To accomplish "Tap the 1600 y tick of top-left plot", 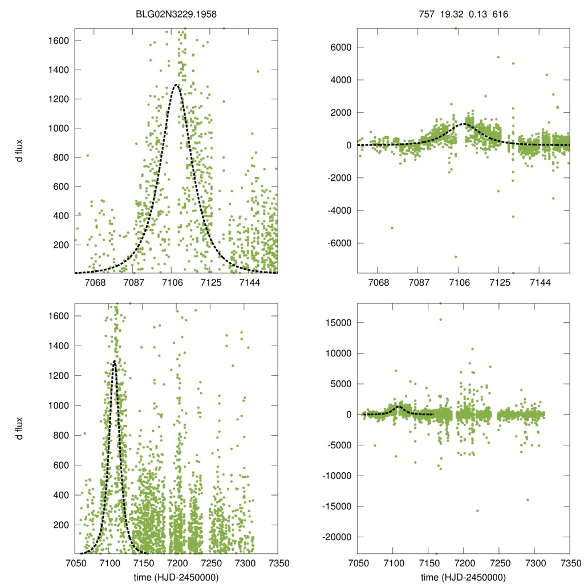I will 58,40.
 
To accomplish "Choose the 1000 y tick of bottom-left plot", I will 58,405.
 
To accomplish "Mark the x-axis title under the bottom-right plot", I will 464,577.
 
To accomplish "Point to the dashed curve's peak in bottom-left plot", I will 115,361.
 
